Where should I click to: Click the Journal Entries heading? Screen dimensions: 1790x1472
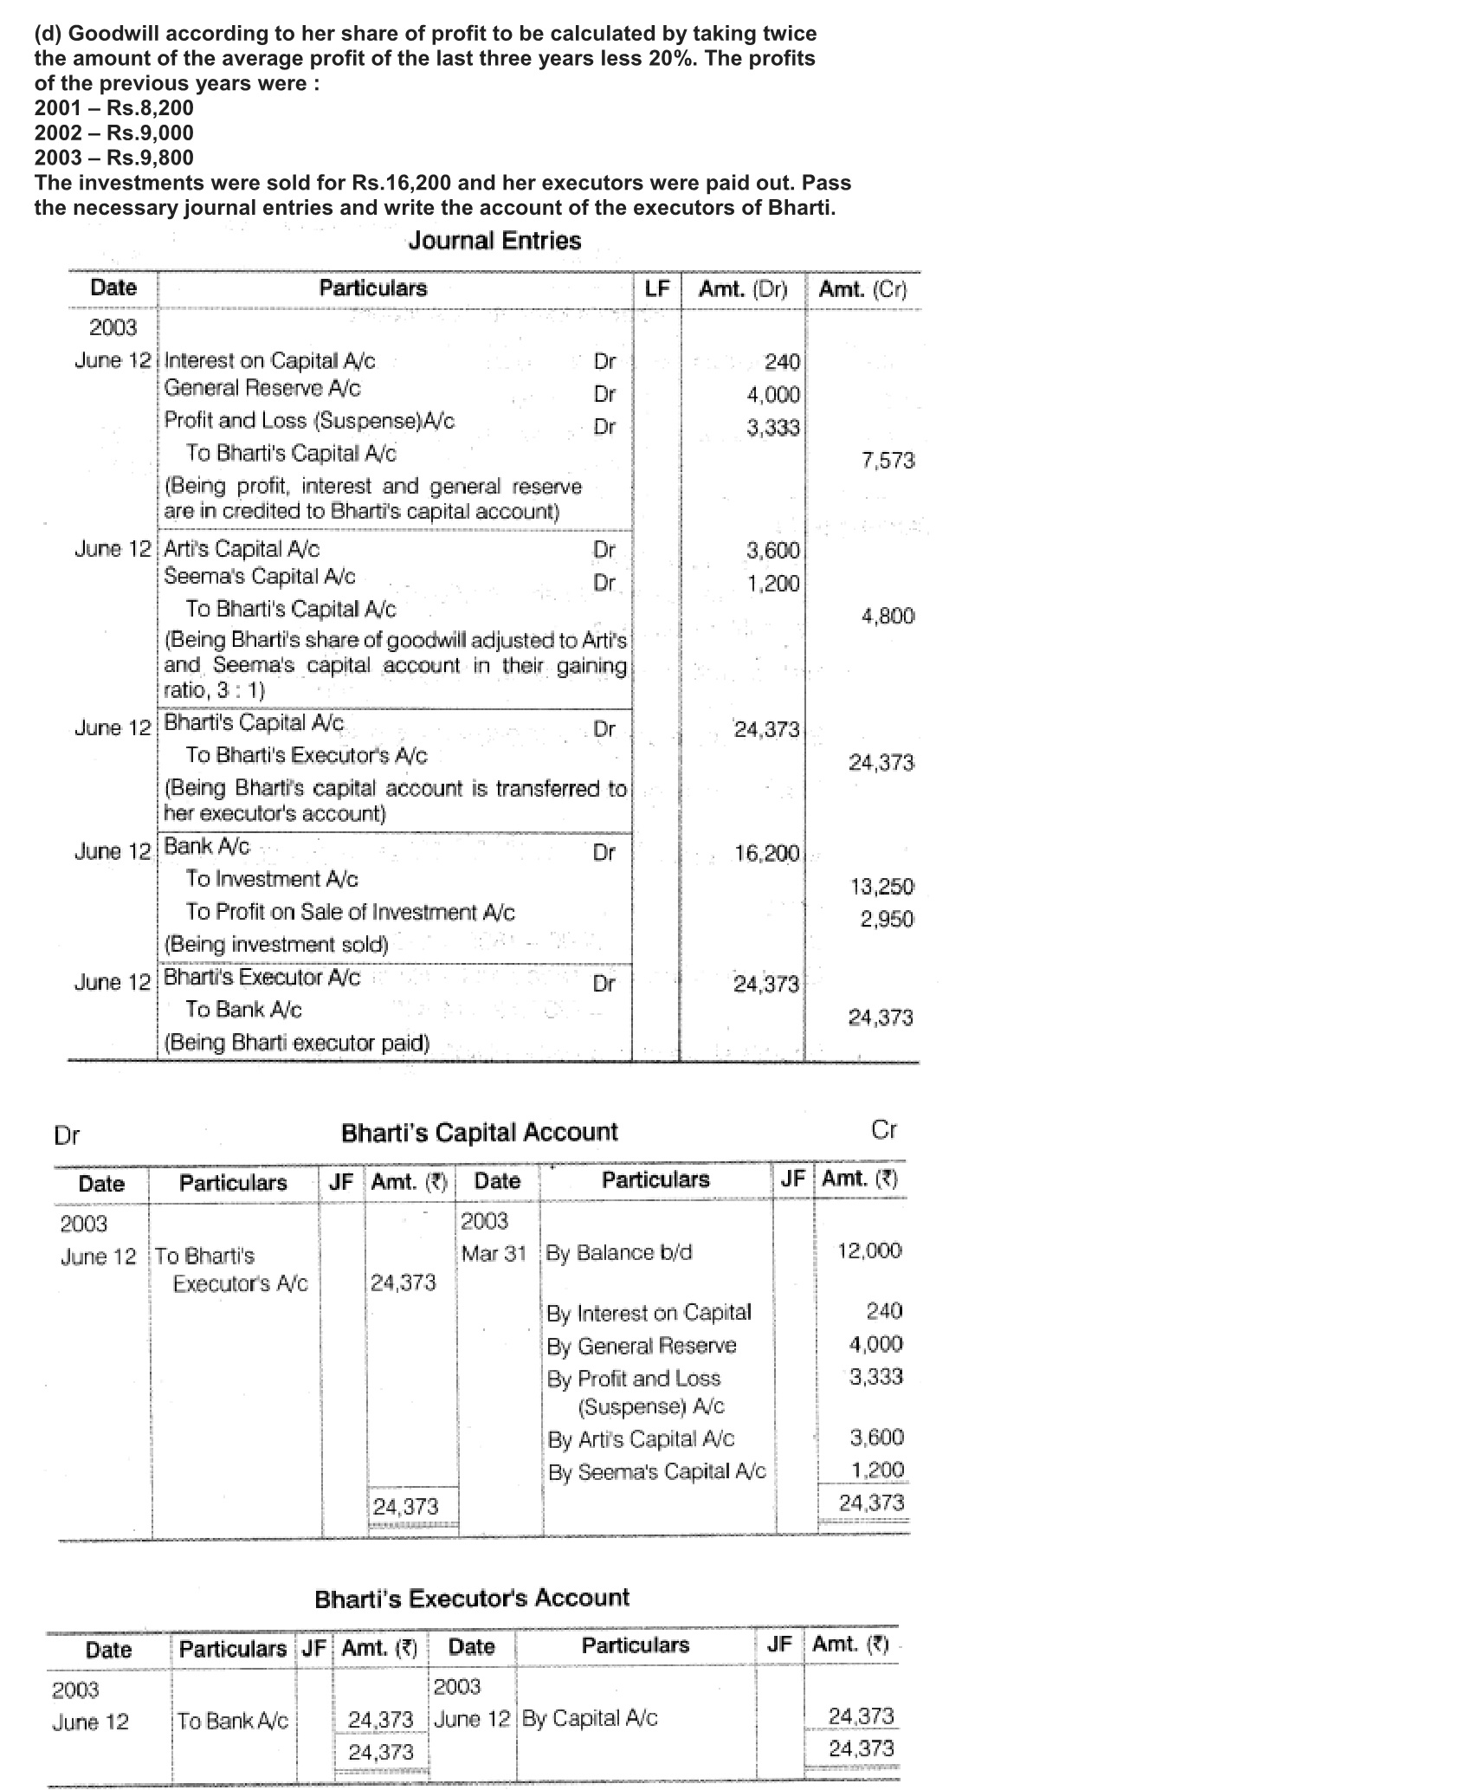point(494,241)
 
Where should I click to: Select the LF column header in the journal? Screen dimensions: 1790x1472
point(657,289)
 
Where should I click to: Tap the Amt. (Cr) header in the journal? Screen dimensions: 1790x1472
point(862,289)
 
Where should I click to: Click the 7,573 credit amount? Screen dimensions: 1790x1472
point(888,461)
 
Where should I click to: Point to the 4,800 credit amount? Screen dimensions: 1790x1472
point(888,616)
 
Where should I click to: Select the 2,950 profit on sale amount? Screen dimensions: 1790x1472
point(887,919)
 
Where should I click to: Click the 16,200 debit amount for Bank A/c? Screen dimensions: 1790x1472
point(766,854)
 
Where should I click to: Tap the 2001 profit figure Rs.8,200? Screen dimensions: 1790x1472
point(113,108)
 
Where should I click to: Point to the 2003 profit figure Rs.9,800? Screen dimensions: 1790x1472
point(113,158)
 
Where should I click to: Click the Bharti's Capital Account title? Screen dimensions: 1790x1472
point(479,1133)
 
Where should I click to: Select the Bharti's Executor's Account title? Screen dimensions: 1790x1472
point(472,1598)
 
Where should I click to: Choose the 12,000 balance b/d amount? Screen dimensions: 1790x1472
point(869,1250)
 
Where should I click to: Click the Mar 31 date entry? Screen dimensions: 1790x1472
point(494,1253)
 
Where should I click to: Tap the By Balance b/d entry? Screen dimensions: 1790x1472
point(618,1253)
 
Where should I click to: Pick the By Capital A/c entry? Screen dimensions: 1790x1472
point(589,1718)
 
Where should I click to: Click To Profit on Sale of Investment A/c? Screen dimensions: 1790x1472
point(350,912)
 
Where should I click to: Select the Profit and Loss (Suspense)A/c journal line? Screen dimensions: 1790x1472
point(309,421)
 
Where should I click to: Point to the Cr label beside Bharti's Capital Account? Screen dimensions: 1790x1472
point(883,1130)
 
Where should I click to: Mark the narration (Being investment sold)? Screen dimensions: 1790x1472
point(276,944)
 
